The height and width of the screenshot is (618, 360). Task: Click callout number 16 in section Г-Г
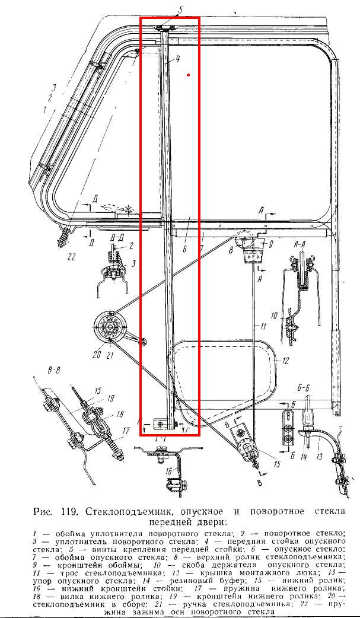tap(170, 471)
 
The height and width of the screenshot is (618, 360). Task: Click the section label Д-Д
tap(116, 238)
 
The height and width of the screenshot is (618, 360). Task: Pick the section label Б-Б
tap(304, 388)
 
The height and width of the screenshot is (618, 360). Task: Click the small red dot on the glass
tap(188, 75)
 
